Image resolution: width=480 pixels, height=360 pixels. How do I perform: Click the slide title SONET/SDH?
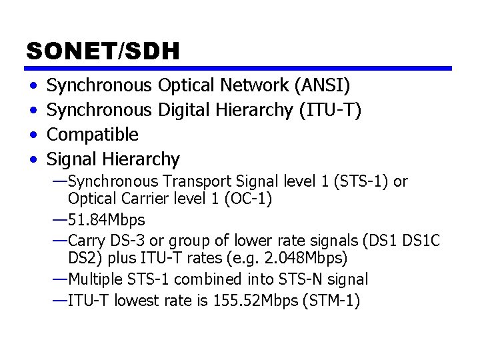point(103,51)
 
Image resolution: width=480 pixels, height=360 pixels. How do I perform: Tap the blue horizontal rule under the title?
point(239,68)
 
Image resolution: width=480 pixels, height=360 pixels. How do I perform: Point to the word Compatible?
point(93,135)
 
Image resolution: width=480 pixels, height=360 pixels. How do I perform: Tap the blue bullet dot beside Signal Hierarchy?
point(33,160)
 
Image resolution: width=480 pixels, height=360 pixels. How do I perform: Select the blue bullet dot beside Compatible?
point(33,135)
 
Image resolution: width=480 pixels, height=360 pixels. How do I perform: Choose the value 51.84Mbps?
point(107,219)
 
